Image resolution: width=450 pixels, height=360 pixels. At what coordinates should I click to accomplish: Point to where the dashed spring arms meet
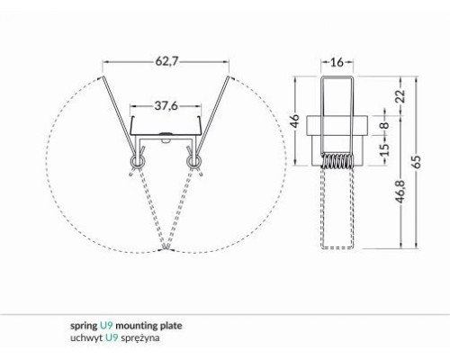[166, 249]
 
